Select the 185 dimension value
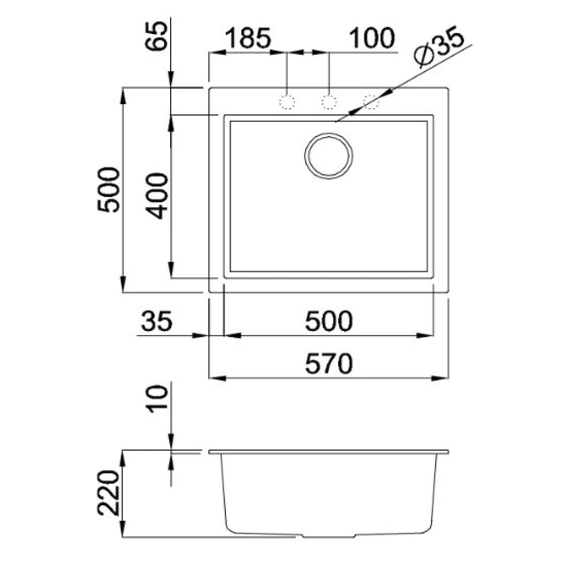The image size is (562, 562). (x=248, y=38)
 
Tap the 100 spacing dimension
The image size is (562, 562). (x=372, y=38)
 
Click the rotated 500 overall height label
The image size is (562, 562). (x=108, y=190)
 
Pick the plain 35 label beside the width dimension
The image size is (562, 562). (x=157, y=322)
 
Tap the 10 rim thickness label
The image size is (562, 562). (x=158, y=399)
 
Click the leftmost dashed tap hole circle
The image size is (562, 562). (x=287, y=102)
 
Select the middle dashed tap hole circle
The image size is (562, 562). (x=329, y=102)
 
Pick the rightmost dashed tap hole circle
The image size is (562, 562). (x=371, y=102)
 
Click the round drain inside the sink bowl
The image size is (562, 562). (x=329, y=155)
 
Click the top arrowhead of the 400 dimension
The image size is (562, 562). (x=171, y=122)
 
